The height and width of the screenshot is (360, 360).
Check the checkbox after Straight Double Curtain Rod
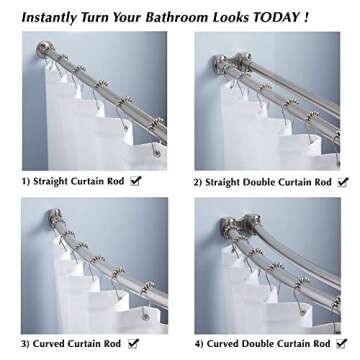[x=344, y=181]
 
